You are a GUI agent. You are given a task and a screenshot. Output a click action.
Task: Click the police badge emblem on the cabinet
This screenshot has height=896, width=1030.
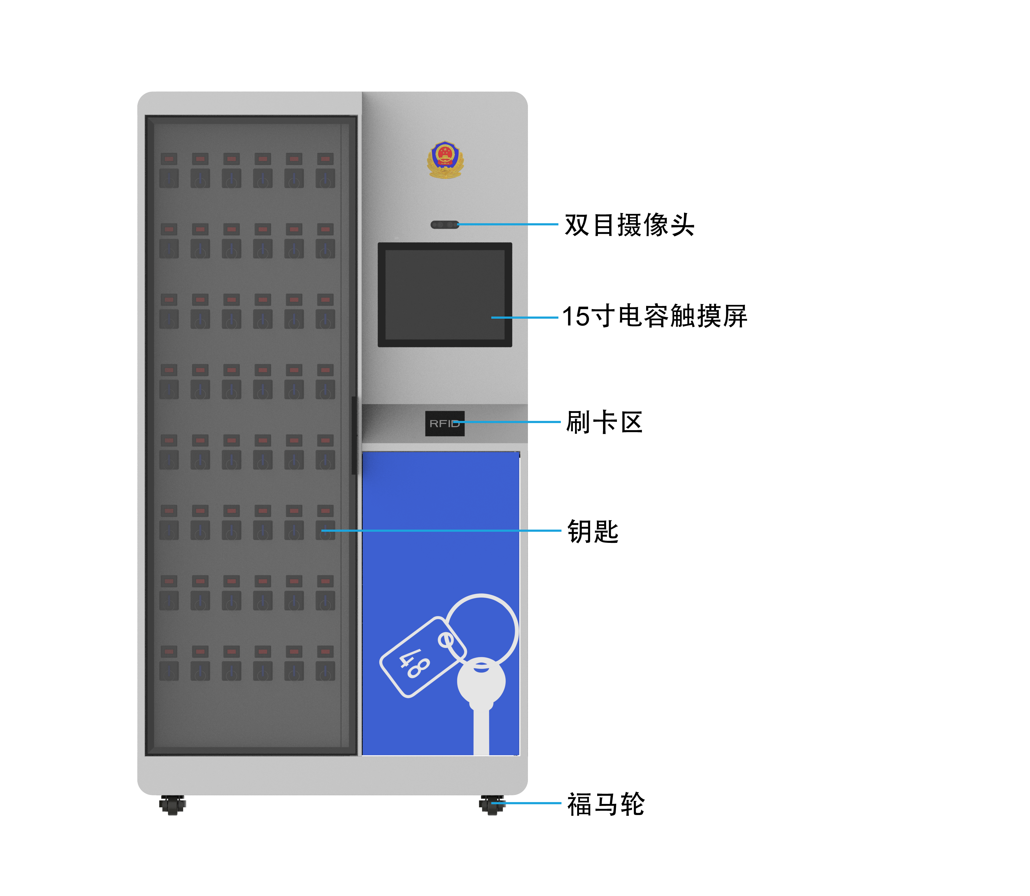point(445,159)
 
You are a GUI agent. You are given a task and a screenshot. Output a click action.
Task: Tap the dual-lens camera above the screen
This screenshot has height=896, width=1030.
point(444,224)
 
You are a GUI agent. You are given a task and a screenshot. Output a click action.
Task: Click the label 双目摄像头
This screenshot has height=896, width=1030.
point(629,224)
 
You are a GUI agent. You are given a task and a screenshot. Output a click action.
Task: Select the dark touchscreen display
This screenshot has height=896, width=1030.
point(445,294)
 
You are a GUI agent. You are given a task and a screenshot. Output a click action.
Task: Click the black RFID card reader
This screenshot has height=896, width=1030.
point(445,423)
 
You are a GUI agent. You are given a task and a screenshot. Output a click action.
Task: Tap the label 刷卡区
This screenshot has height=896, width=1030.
point(604,422)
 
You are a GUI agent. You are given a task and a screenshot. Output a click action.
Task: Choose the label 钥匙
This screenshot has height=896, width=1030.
point(593,531)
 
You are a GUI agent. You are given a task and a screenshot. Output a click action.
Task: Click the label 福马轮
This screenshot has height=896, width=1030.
point(606,804)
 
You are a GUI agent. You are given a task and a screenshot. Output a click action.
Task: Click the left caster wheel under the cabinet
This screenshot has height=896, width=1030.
point(172,805)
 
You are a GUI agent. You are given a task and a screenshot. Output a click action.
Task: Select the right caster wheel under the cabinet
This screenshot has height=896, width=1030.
point(492,805)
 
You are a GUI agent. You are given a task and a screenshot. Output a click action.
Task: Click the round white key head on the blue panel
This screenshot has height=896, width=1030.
point(481,681)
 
